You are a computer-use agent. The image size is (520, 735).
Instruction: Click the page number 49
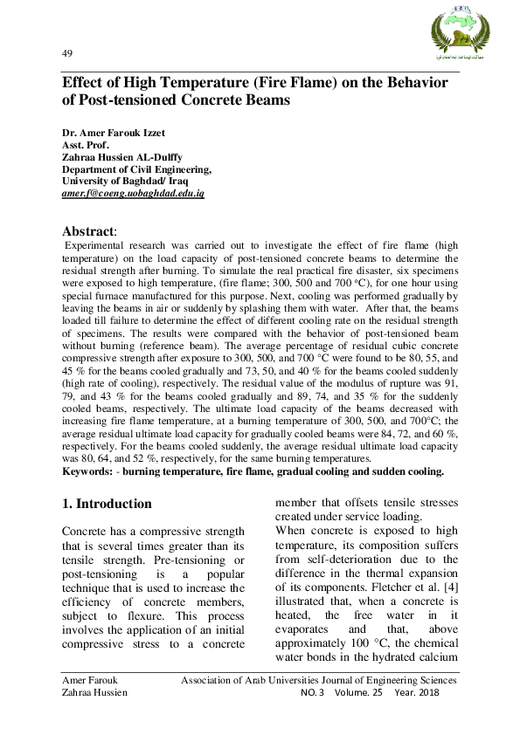[67, 54]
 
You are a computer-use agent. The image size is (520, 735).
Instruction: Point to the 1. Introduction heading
[107, 504]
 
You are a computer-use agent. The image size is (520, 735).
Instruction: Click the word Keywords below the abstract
[90, 471]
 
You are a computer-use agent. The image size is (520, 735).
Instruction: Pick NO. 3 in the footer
[312, 692]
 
